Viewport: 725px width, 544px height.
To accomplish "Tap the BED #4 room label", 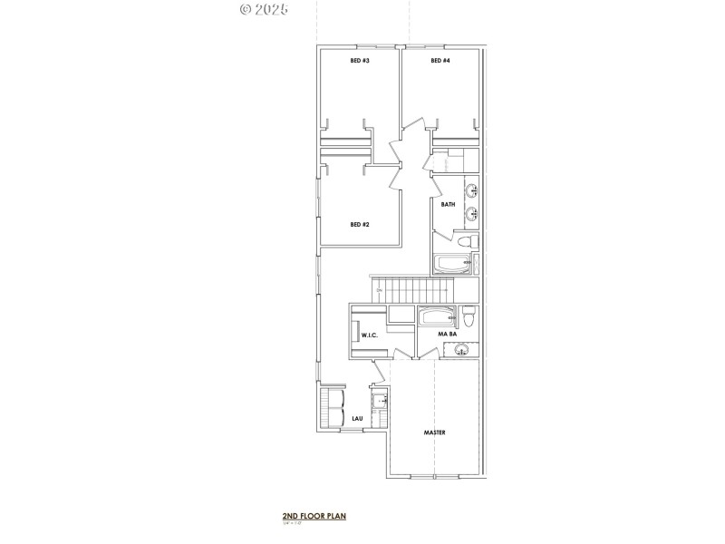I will coord(440,61).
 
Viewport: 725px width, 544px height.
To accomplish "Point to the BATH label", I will coord(448,205).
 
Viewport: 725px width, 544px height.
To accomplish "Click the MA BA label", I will coord(447,335).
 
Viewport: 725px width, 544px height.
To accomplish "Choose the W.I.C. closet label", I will coord(370,335).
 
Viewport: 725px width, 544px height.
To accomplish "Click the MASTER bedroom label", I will coord(434,432).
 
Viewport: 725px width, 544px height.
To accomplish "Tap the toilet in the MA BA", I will coord(468,318).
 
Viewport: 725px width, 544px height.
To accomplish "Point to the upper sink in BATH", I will coord(471,191).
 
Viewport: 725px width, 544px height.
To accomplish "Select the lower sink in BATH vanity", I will coord(471,215).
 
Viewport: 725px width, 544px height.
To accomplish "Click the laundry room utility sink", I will coord(382,400).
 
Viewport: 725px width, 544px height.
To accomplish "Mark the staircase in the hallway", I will coord(413,292).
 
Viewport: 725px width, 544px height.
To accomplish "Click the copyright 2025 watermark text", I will coord(264,9).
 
